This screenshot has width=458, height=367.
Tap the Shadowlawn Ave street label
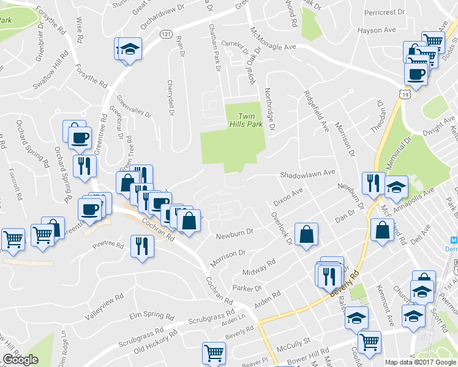(308, 174)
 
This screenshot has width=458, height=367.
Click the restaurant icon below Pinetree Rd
(142, 246)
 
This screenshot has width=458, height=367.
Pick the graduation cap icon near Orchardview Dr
(129, 48)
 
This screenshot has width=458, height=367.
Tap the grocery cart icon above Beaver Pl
(214, 353)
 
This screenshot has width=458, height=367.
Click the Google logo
(21, 360)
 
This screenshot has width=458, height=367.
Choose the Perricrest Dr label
(384, 12)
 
